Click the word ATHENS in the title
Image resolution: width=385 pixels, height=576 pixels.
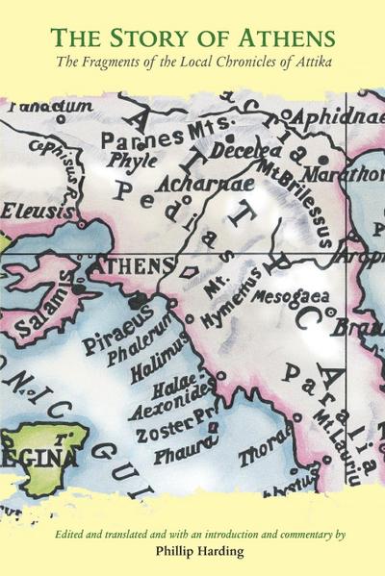point(282,38)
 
